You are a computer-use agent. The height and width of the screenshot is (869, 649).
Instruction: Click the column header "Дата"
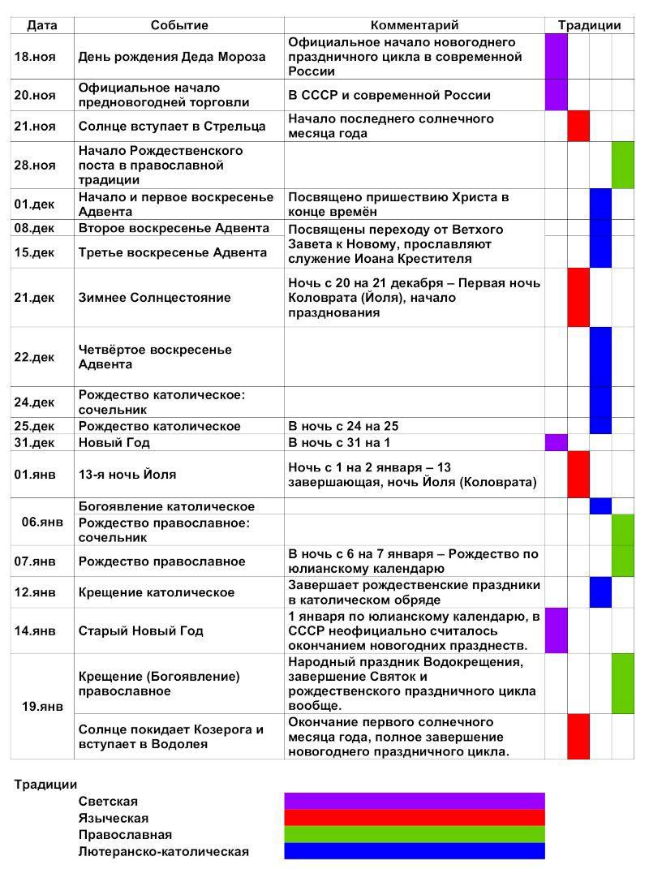point(42,25)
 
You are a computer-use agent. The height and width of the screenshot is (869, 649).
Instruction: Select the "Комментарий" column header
point(415,25)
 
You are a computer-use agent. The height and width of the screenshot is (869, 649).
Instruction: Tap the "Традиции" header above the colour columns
point(589,25)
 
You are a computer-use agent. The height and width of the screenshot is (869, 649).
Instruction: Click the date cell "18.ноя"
point(35,57)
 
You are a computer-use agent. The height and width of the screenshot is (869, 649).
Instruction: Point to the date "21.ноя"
point(35,127)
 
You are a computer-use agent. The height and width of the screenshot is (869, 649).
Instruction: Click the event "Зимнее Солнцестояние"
point(154,298)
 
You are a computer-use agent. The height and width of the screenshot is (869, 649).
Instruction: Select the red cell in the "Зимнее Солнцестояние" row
point(578,298)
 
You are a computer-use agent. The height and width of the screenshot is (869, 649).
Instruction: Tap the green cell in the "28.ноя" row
point(623,165)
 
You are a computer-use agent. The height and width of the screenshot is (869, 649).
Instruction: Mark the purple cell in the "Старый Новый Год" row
point(556,630)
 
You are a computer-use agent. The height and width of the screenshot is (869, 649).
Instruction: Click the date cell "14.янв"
point(35,630)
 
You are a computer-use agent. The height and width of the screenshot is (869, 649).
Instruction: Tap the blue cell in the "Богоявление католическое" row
point(600,506)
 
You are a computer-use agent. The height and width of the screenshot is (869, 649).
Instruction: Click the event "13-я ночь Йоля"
point(127,475)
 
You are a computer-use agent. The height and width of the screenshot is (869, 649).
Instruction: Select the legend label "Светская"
point(108,802)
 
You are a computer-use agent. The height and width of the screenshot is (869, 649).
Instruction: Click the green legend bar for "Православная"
point(414,834)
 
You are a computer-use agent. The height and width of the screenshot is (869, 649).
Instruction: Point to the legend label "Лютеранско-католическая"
point(164,851)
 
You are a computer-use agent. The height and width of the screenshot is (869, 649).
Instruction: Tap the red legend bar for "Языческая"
point(414,817)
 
